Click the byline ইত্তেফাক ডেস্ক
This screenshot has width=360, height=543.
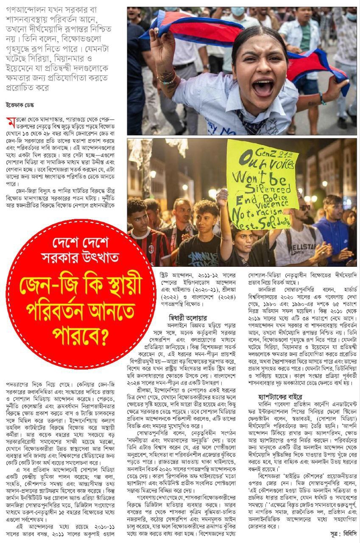(20, 105)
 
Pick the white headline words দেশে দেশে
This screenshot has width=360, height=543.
(81, 244)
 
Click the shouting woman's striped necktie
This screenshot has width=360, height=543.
(257, 123)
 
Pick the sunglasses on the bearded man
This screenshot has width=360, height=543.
(304, 207)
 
